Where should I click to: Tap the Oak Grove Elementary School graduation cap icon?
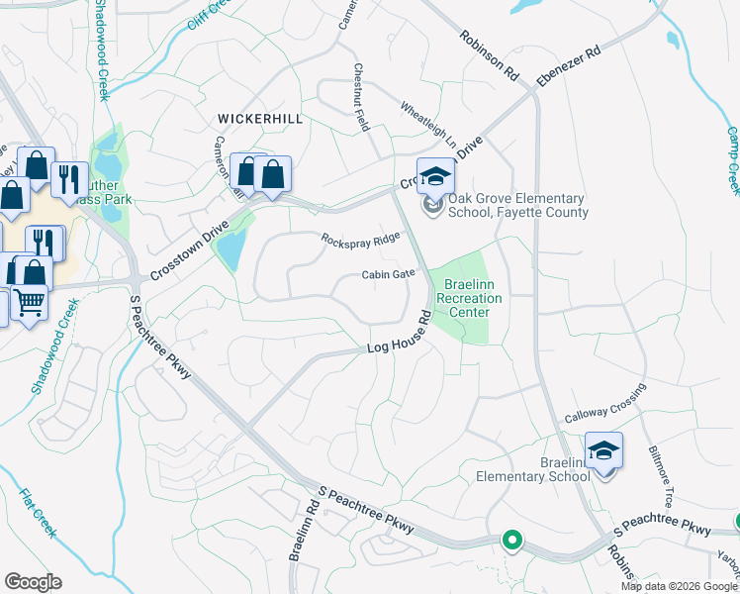435,179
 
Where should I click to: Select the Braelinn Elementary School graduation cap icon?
603,452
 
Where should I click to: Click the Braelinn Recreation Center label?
469,298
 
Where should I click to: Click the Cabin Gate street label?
388,275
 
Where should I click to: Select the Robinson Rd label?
489,54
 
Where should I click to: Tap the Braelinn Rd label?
302,529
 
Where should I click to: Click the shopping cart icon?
29,302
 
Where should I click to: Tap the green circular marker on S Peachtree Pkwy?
511,541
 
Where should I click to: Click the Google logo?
33,582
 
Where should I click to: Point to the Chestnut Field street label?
362,99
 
